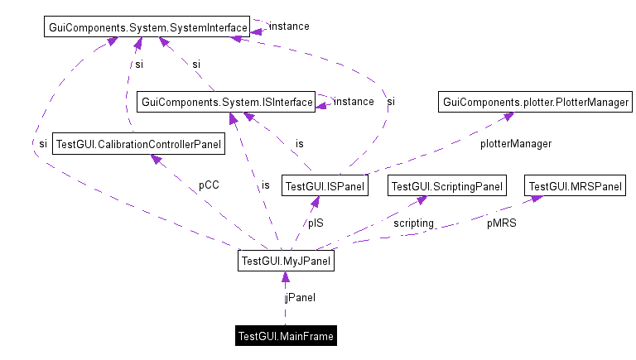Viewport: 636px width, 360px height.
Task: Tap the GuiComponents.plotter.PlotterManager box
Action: pos(536,102)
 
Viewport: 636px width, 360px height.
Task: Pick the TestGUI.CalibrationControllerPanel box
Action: pos(138,145)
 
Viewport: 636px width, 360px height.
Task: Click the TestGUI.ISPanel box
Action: pos(324,186)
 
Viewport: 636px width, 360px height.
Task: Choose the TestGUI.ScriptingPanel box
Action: pos(446,186)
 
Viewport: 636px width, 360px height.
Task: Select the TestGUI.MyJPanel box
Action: pos(286,262)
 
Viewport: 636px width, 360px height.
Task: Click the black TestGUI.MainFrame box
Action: pos(286,336)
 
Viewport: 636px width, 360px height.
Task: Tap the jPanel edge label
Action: pos(300,297)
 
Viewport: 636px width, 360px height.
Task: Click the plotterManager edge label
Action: pos(515,144)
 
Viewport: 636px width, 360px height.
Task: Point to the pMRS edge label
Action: pos(500,223)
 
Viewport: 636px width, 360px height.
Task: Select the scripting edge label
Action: pos(413,223)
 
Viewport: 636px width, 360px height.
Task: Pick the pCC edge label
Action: pos(209,186)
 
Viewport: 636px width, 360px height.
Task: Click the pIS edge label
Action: pos(316,223)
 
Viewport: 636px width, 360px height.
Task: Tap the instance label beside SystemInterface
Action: pos(289,26)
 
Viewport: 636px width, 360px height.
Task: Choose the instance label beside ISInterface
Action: pos(353,101)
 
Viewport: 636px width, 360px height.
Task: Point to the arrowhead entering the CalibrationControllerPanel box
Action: pos(156,159)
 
